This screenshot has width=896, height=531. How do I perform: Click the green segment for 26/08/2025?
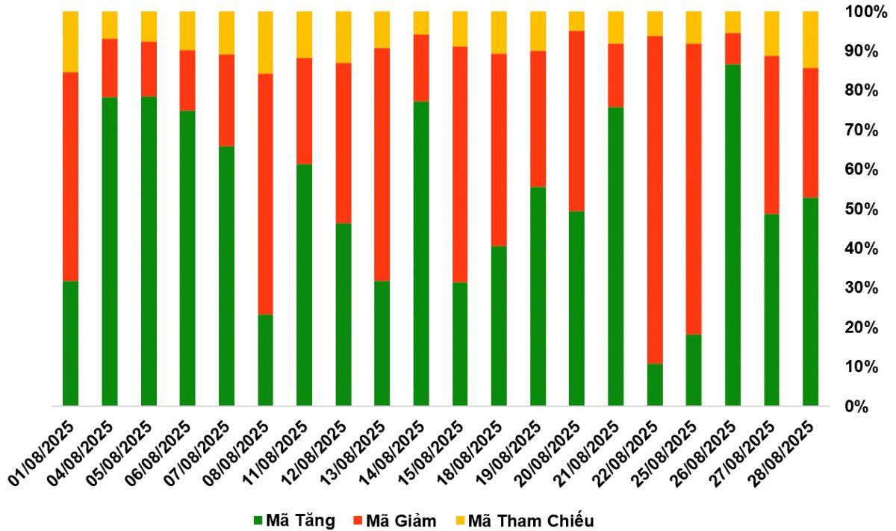point(732,235)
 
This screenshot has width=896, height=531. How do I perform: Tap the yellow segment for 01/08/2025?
point(71,42)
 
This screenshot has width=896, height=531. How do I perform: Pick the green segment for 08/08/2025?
point(266,360)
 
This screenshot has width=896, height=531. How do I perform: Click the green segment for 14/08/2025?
point(421,253)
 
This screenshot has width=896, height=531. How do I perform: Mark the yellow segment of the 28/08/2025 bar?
point(810,40)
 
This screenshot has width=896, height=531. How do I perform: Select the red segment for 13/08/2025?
point(382,164)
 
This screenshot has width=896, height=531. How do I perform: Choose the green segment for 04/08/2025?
point(110,251)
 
